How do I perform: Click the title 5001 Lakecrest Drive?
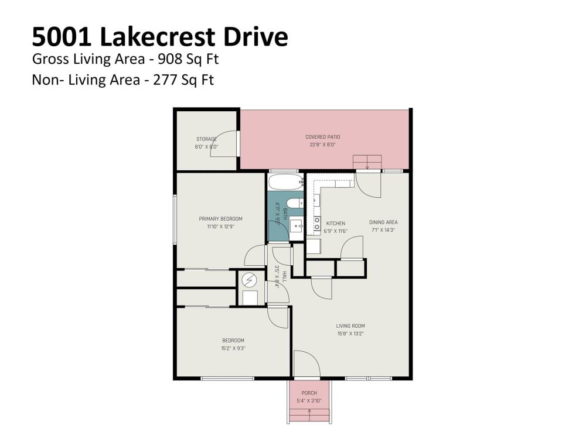point(160,37)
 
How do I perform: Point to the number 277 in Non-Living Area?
point(165,80)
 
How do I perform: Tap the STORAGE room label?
point(206,139)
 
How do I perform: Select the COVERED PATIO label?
point(322,136)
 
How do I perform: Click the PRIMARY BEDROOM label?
point(220,219)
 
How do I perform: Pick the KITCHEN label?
point(336,223)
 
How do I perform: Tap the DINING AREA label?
point(383,222)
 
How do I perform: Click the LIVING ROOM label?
point(350,326)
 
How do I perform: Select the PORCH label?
point(309,393)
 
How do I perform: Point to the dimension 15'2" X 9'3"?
point(233,348)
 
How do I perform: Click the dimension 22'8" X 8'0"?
point(322,145)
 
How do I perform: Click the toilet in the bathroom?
point(297,203)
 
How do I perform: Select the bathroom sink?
point(297,226)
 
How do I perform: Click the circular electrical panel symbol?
point(249,280)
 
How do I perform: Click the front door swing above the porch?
point(307,363)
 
